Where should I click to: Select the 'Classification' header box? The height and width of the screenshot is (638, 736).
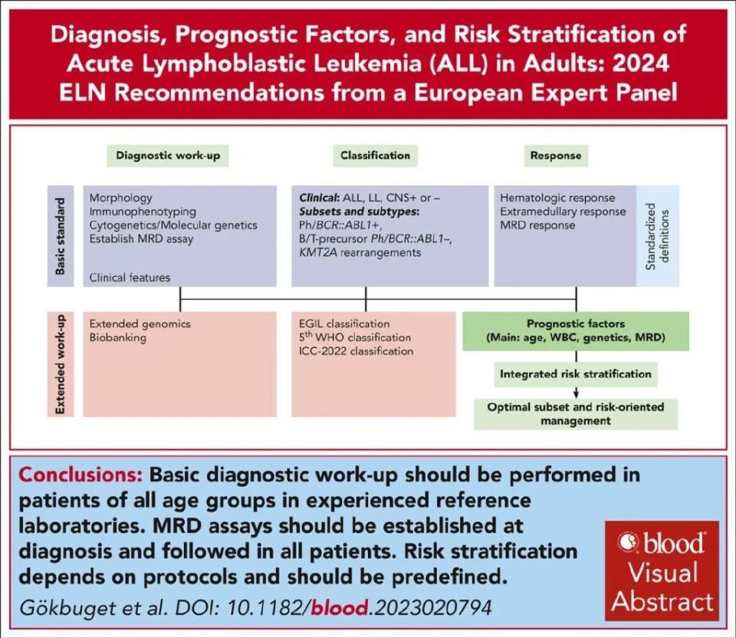tap(376, 155)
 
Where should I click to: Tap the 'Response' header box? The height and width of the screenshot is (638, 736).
tap(556, 155)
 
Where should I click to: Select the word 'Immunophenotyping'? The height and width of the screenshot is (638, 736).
tap(143, 212)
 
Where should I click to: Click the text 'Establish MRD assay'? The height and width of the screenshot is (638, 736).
tap(140, 239)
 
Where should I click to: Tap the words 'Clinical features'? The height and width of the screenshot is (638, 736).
tap(130, 277)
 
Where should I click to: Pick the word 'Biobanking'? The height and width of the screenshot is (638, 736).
tap(118, 337)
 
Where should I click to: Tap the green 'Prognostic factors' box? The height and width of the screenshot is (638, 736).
tap(575, 330)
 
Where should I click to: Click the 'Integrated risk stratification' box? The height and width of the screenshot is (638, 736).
tap(576, 374)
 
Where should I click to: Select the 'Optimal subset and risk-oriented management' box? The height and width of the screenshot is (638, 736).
tap(576, 413)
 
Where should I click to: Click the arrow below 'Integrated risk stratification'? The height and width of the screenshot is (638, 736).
tap(576, 392)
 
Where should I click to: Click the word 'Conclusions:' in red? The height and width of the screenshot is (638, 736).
tap(84, 475)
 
